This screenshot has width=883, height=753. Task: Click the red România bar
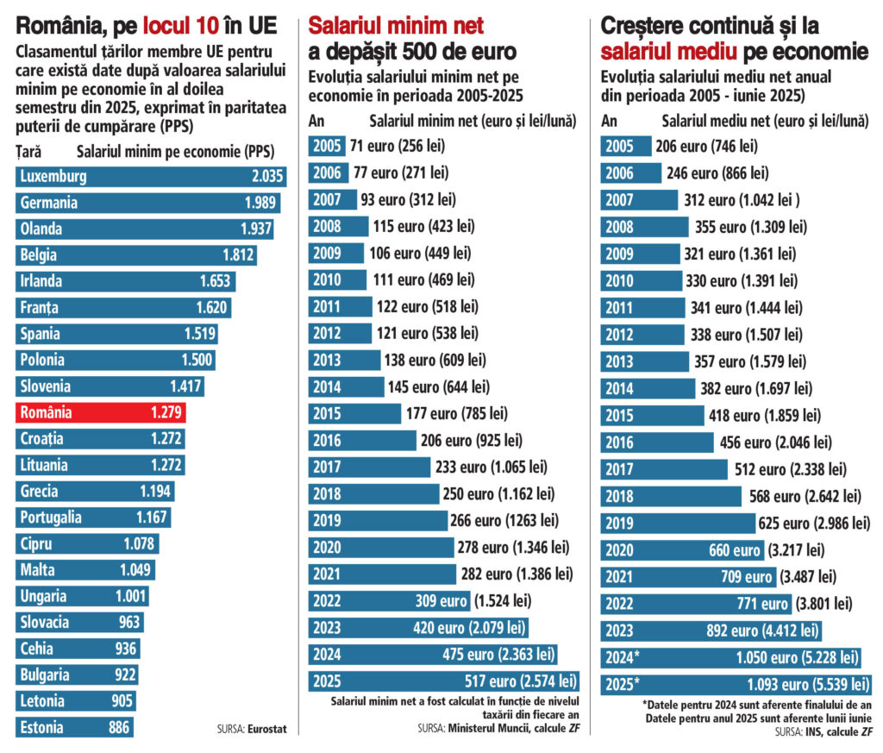coord(100,412)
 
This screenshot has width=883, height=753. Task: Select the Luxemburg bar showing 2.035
coord(151,177)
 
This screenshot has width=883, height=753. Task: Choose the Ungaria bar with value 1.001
coord(82,596)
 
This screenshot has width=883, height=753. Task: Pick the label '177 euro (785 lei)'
coord(456,413)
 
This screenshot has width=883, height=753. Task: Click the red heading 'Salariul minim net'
coord(396,25)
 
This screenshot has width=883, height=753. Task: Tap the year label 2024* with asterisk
coord(623,658)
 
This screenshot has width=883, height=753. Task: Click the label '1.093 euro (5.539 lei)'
coord(801,685)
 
